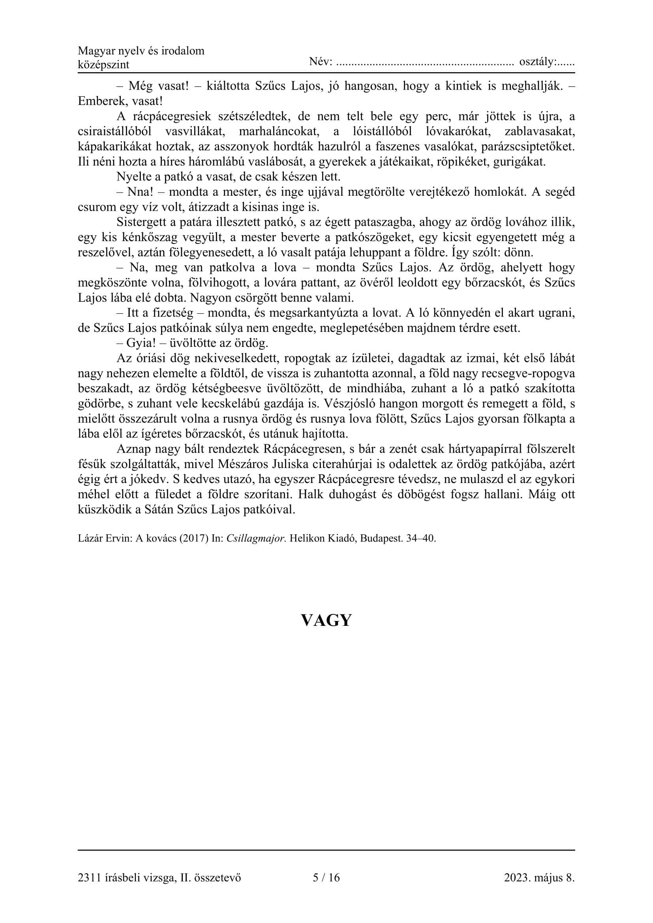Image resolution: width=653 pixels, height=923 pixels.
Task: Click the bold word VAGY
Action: (326, 620)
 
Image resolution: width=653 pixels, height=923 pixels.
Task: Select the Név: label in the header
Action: (321, 62)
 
